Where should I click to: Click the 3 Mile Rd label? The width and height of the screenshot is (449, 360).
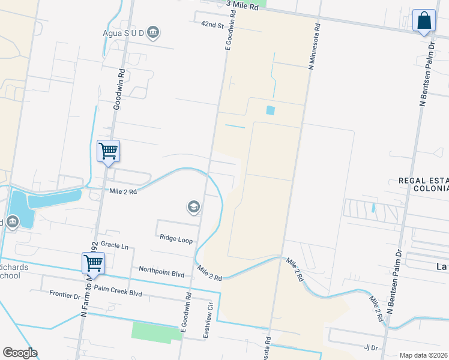pyautogui.click(x=243, y=7)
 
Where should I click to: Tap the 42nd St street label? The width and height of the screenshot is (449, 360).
pyautogui.click(x=212, y=26)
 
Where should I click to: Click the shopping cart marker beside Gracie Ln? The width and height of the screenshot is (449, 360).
pyautogui.click(x=93, y=263)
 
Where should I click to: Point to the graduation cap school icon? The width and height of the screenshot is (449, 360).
pyautogui.click(x=193, y=208)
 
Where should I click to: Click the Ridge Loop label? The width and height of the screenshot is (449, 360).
pyautogui.click(x=176, y=239)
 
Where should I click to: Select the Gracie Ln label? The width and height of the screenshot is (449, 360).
pyautogui.click(x=115, y=245)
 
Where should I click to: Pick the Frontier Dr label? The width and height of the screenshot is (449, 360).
pyautogui.click(x=64, y=295)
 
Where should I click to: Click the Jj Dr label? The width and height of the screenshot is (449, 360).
pyautogui.click(x=370, y=347)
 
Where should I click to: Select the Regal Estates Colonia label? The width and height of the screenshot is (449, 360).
pyautogui.click(x=423, y=184)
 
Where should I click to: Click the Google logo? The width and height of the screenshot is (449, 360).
pyautogui.click(x=20, y=353)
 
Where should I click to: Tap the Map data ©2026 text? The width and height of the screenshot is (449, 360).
pyautogui.click(x=423, y=355)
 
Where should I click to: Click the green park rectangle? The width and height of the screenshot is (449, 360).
pyautogui.click(x=157, y=331)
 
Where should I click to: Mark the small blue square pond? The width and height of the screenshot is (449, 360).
pyautogui.click(x=270, y=110)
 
